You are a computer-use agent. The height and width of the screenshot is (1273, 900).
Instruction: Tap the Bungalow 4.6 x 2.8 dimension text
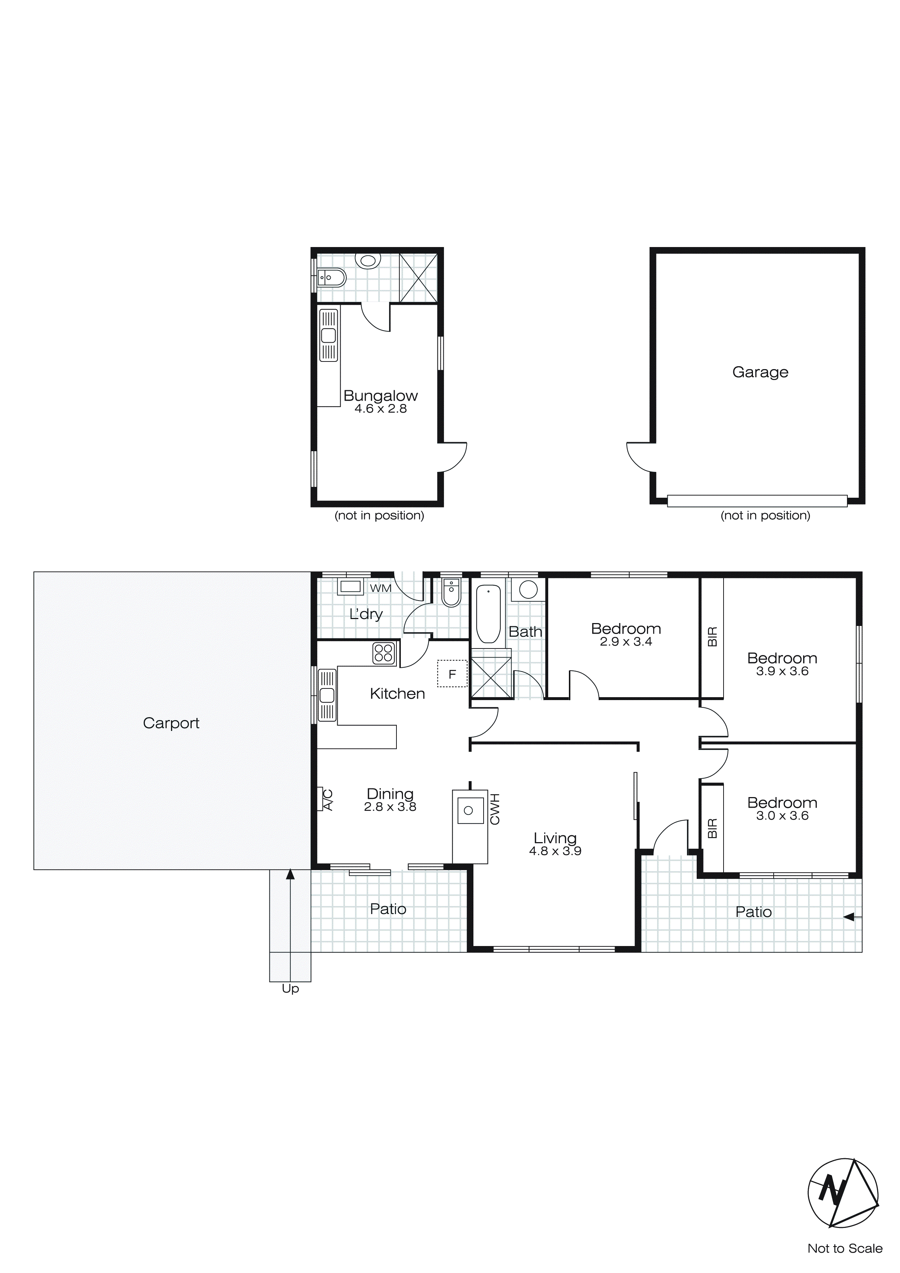381,409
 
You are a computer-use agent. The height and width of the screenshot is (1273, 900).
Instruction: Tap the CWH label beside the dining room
495,809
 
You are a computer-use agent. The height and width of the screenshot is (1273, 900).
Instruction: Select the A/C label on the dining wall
327,800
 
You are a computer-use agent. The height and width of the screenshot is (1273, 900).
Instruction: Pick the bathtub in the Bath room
488,614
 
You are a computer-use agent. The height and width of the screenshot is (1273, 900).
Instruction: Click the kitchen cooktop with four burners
383,653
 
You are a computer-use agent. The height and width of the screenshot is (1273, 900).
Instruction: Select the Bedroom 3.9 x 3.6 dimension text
782,671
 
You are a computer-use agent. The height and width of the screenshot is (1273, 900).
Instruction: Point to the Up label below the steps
290,989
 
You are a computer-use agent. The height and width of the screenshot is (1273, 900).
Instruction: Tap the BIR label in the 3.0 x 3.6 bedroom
713,828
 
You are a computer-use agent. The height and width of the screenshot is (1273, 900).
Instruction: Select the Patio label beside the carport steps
388,909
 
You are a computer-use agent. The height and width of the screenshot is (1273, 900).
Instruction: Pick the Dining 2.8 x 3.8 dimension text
390,807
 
